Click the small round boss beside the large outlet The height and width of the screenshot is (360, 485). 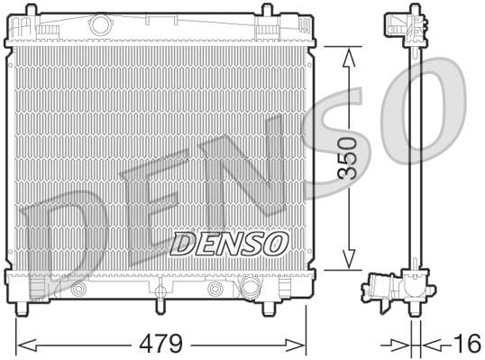pos(216,289)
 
